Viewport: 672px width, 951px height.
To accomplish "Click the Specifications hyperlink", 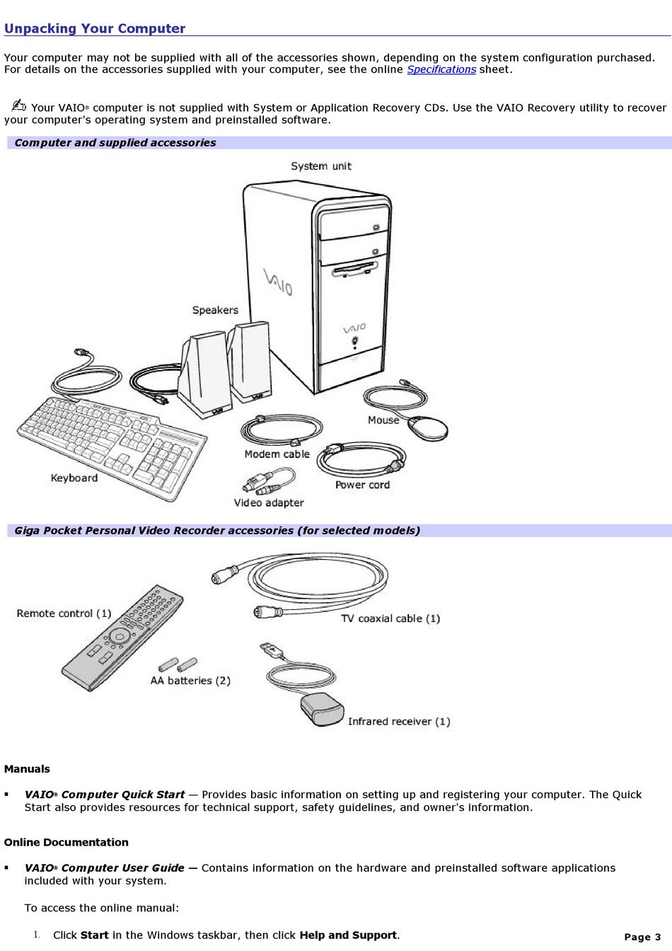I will (x=441, y=69).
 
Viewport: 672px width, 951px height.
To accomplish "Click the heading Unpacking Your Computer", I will (x=95, y=29).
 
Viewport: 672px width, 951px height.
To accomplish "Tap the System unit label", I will (x=320, y=166).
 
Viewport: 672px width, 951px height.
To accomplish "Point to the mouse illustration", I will (x=429, y=428).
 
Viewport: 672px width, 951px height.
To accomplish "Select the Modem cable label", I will (x=277, y=454).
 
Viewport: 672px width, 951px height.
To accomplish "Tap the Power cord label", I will (x=362, y=485).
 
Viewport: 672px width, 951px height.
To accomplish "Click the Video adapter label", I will (x=269, y=502).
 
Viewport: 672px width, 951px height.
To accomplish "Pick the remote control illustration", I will (x=122, y=638).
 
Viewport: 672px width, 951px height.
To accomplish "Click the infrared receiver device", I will (x=322, y=709).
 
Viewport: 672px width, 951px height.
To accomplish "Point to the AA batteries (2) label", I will (x=190, y=681).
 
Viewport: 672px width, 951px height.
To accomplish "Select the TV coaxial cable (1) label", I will (x=390, y=618).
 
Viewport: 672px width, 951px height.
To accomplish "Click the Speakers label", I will (x=215, y=310).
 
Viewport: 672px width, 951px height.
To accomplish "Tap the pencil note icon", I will (x=19, y=106).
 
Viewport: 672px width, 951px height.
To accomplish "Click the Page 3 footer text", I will (x=642, y=937).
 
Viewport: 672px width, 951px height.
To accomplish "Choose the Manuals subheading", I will (x=27, y=769).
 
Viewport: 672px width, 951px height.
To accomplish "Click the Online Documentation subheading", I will (x=66, y=842).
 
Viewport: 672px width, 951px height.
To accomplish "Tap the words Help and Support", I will (x=347, y=935).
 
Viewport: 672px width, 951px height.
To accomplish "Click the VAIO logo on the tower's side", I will (x=278, y=282).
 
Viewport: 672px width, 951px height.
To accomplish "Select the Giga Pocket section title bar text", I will (x=217, y=531).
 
